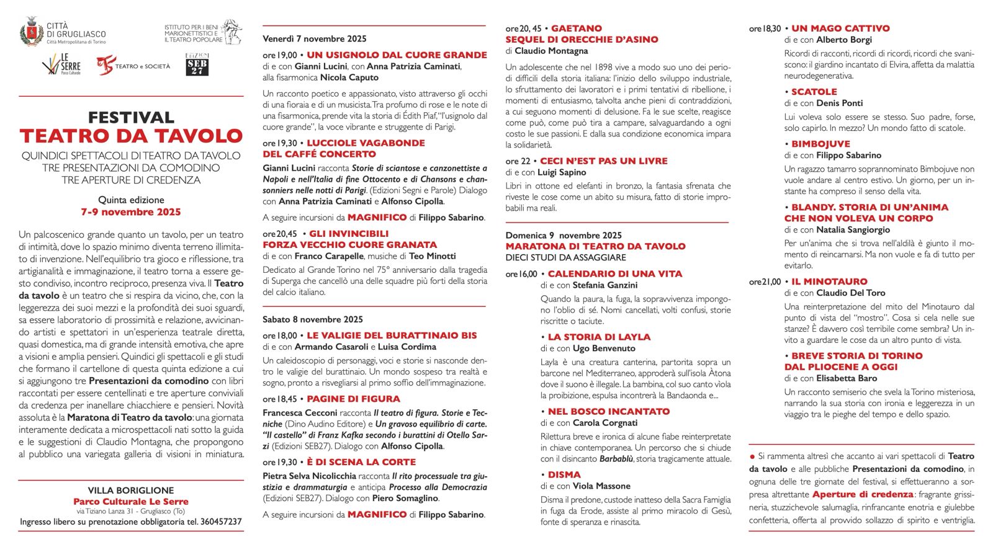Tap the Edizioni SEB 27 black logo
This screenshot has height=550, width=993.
click(x=197, y=64)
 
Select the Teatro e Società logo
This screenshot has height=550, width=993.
click(x=133, y=65)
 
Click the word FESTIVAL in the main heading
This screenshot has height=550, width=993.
click(x=131, y=117)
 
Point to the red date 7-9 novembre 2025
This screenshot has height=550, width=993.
click(x=131, y=212)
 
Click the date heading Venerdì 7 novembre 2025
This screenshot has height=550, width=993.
click(x=315, y=39)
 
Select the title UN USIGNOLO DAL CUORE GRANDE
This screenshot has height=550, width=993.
click(x=397, y=55)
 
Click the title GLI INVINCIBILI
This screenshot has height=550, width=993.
click(x=349, y=234)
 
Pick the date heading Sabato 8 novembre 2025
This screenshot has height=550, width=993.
click(x=313, y=319)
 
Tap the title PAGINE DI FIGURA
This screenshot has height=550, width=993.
click(x=353, y=399)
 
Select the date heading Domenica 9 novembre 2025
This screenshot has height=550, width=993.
click(x=564, y=236)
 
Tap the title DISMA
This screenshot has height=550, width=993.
click(x=564, y=475)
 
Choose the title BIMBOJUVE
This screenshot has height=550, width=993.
click(x=820, y=144)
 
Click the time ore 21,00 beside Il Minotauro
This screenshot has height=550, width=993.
click(x=765, y=282)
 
